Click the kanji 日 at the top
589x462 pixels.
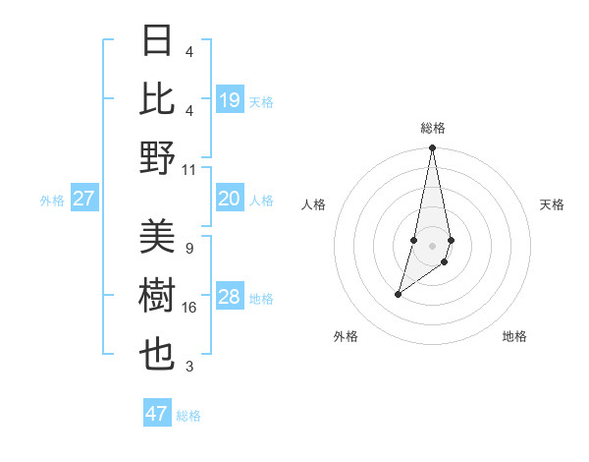point(158,41)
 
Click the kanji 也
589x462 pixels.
point(158,355)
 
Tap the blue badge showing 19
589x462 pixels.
point(230,99)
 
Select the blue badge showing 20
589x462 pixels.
point(230,200)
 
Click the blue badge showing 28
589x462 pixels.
point(230,298)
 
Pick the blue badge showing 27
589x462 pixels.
point(84,200)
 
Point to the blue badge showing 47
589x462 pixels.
point(157,414)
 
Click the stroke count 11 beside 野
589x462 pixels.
point(189,169)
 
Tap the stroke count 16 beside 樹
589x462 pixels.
point(189,308)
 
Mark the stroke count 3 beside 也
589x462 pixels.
point(189,367)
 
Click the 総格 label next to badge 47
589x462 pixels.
point(188,416)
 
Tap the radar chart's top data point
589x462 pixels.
point(432,148)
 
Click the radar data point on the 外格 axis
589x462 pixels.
point(398,294)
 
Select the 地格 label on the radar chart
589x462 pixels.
point(514,336)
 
